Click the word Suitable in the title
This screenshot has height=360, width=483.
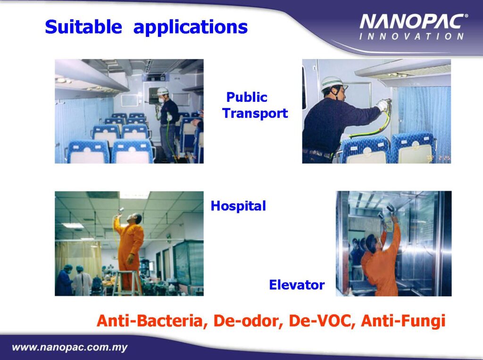tap(83, 26)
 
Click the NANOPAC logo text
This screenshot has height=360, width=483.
tap(413, 22)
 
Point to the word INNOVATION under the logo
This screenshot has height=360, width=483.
tap(411, 36)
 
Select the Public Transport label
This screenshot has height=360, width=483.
tap(255, 105)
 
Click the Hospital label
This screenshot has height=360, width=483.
tap(238, 206)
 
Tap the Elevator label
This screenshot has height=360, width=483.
tap(297, 285)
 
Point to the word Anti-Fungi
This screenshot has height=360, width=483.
tap(404, 321)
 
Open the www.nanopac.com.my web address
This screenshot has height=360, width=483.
tap(70, 348)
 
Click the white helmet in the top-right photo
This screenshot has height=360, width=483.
tap(332, 83)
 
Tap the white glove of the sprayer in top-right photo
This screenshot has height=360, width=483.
tap(382, 105)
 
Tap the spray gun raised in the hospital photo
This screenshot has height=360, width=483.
tap(120, 211)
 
